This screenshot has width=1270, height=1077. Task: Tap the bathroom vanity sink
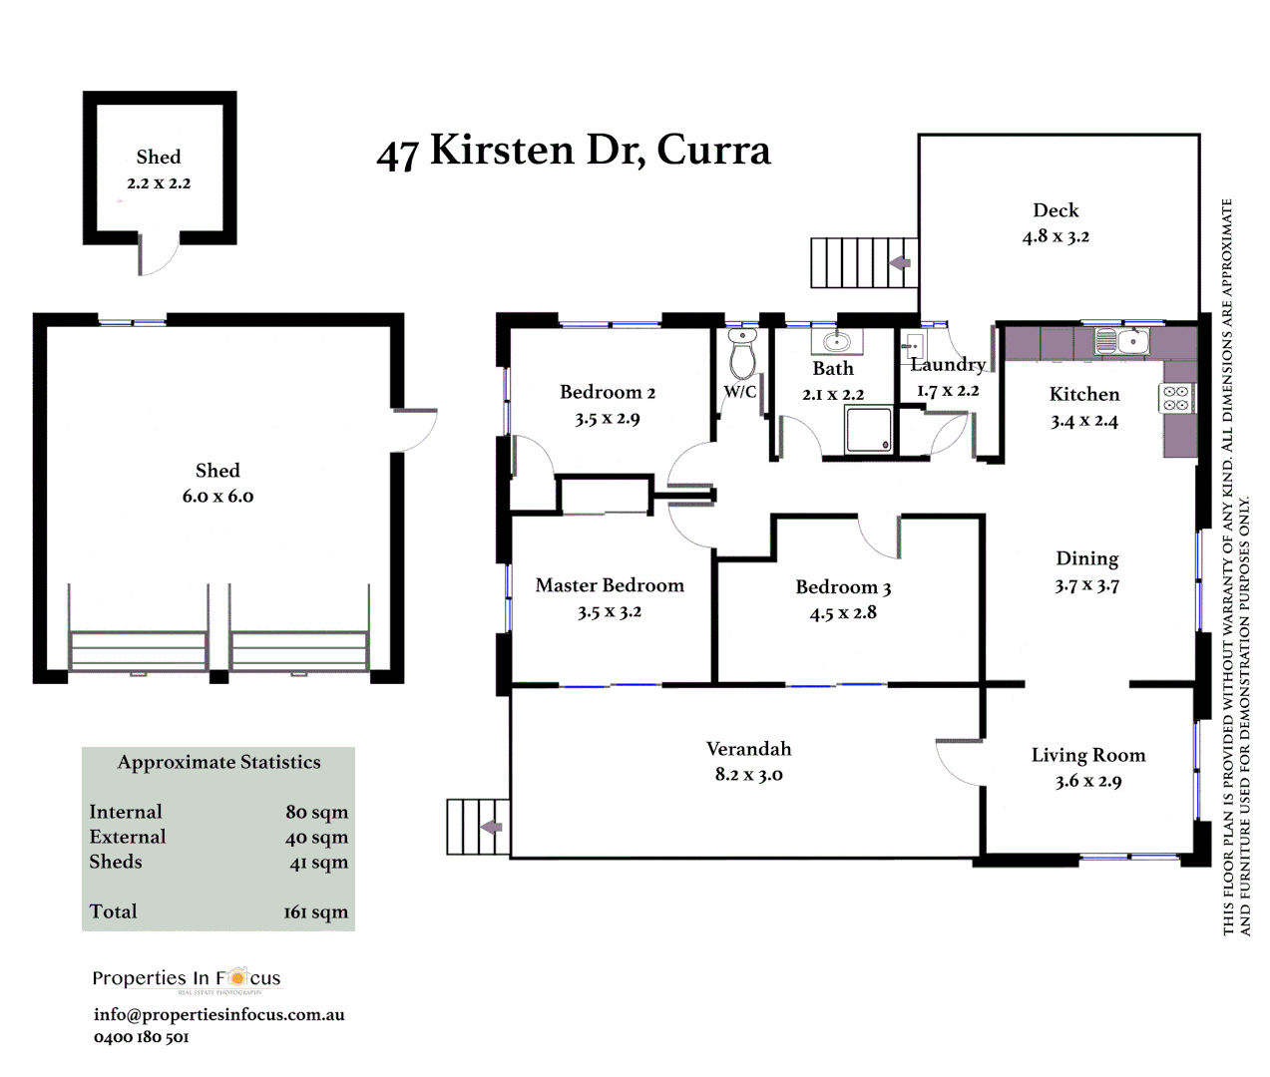836,342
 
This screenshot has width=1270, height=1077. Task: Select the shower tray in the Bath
868,430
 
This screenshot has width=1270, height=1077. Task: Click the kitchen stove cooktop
1176,398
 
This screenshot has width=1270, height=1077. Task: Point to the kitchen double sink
1120,341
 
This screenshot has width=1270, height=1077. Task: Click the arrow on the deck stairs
900,263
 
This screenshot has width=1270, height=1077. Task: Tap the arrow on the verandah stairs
490,827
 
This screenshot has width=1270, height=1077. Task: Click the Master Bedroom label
610,585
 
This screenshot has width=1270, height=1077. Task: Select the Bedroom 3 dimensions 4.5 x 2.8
843,613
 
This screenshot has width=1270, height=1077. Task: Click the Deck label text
1056,210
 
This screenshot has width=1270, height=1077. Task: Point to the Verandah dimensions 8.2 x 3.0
748,775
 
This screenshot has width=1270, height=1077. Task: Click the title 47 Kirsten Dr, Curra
574,151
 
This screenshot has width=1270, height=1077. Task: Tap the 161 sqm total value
315,911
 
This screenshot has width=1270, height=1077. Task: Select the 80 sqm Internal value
316,812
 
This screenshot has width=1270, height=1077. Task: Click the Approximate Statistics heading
218,762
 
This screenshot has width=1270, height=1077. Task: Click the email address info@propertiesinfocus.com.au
218,1014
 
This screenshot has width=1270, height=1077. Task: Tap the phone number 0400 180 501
141,1037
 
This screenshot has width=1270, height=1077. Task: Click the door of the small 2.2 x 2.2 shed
158,255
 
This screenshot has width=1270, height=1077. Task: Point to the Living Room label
1087,755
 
